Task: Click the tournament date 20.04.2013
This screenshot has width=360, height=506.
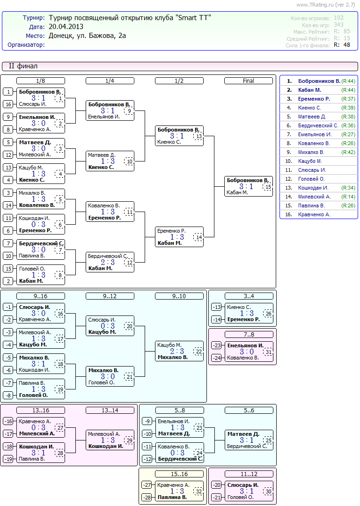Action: tap(66, 27)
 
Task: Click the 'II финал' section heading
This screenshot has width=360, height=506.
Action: tap(23, 66)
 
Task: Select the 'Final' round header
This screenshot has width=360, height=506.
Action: tap(248, 81)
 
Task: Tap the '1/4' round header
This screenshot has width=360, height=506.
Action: tap(110, 81)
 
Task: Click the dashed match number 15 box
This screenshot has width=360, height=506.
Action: tap(268, 186)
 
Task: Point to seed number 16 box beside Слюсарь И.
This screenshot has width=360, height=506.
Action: tap(8, 104)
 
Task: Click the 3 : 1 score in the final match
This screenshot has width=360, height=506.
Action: tap(246, 186)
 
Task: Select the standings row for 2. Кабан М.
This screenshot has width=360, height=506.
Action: tap(319, 90)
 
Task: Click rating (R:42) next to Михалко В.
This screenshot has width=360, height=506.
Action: tap(348, 152)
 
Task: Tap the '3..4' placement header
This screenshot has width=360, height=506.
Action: tap(249, 296)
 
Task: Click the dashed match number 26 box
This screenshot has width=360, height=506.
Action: tap(268, 313)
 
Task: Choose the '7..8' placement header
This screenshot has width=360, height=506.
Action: tap(249, 335)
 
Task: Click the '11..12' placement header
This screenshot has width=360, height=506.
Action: tap(249, 474)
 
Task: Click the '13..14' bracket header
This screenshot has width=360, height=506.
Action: tap(110, 411)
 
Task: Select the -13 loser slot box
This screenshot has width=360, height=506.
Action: tap(217, 307)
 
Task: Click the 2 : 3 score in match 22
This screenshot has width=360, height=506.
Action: tap(177, 351)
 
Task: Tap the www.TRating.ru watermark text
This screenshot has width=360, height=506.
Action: tap(325, 5)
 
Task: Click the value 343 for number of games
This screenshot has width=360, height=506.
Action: tap(338, 25)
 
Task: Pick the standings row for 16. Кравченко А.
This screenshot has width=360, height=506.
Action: tap(319, 214)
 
